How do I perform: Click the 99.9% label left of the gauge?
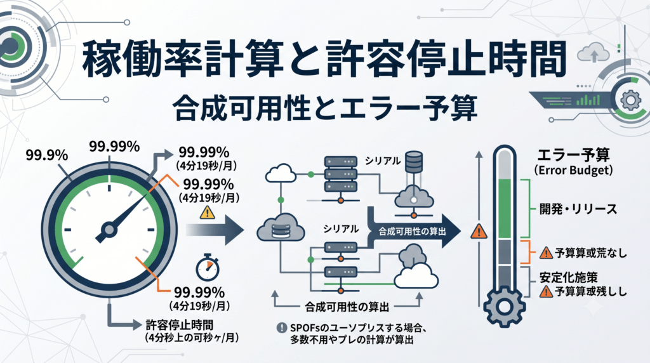click(47, 155)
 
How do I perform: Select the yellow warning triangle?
click(208, 213)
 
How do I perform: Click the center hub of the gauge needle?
click(109, 229)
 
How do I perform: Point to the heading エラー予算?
click(573, 155)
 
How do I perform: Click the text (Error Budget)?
click(573, 170)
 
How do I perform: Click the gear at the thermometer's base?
click(505, 307)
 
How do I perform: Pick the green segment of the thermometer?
click(505, 209)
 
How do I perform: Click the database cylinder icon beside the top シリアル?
click(413, 162)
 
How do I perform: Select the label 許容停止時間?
click(180, 325)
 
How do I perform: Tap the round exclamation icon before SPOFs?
click(282, 327)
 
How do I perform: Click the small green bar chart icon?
click(588, 100)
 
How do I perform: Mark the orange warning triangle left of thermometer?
click(479, 231)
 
